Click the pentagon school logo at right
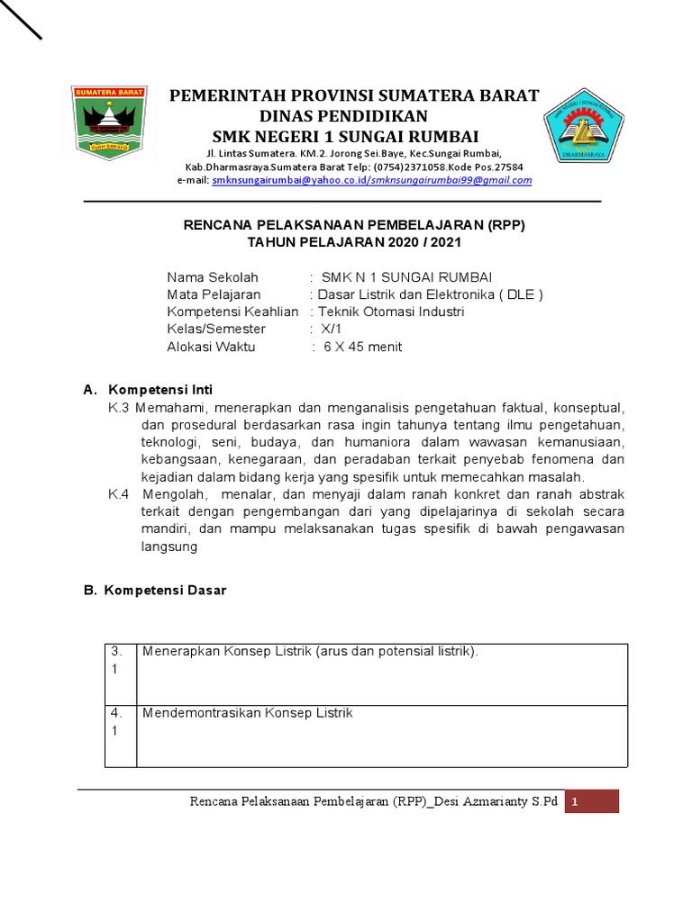[584, 128]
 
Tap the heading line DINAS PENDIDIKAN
[343, 116]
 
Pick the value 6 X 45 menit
[363, 347]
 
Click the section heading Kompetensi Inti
[159, 390]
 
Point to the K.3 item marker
[119, 407]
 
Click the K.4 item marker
[119, 494]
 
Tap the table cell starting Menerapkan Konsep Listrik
[310, 651]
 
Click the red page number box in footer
[592, 801]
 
